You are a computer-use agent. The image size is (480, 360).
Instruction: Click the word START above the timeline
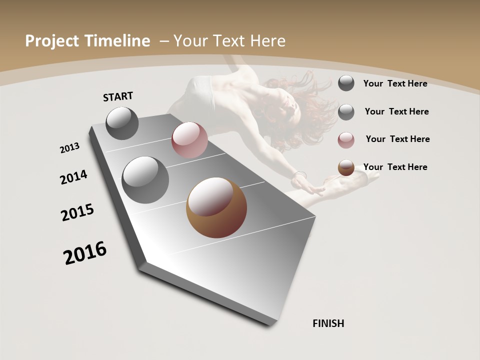[x=118, y=96]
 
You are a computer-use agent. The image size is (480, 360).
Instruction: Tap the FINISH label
[x=328, y=323]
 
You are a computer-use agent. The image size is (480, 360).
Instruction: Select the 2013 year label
[x=70, y=147]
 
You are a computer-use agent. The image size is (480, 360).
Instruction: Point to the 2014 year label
[x=74, y=177]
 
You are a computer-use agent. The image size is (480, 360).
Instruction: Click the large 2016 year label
[x=85, y=253]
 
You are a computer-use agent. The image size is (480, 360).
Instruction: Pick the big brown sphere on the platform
[x=216, y=207]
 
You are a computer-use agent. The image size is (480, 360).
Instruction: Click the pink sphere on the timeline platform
[x=189, y=140]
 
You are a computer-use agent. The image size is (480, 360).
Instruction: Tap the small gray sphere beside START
[x=122, y=123]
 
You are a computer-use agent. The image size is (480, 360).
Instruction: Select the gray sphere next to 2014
[x=145, y=179]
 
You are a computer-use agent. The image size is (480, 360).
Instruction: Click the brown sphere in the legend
[x=346, y=167]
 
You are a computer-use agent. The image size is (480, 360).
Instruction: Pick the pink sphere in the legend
[x=346, y=140]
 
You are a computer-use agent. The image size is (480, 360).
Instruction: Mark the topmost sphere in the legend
[x=346, y=83]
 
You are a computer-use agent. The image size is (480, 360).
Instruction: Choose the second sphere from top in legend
[x=346, y=112]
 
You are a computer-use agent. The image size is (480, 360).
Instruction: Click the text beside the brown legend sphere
[x=395, y=167]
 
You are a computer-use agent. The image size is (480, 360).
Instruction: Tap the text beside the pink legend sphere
[x=397, y=139]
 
